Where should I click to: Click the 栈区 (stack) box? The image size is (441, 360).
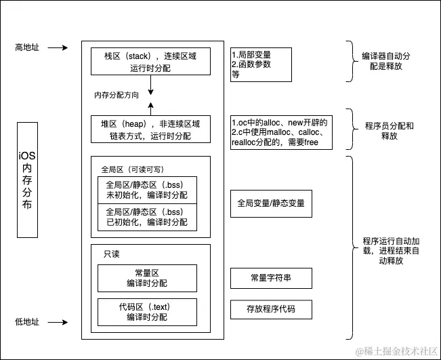[x=150, y=61]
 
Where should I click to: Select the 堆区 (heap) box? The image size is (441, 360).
[x=150, y=129]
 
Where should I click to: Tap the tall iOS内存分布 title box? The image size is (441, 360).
[x=26, y=180]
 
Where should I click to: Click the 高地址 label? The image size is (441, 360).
[x=28, y=47]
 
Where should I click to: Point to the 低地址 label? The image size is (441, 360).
[x=28, y=321]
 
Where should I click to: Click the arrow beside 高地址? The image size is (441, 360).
[x=58, y=47]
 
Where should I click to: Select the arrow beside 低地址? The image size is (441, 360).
[x=58, y=321]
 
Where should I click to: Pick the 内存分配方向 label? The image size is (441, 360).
[x=117, y=96]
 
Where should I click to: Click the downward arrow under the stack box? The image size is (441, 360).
[x=150, y=84]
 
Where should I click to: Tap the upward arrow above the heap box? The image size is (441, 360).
[x=150, y=107]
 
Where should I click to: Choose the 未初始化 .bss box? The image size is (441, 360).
[x=147, y=191]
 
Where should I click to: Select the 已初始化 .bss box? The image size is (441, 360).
[x=147, y=217]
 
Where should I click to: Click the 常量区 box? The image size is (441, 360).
[x=147, y=278]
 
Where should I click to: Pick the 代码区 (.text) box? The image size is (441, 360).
[x=147, y=311]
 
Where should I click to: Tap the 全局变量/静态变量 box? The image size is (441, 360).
[x=271, y=203]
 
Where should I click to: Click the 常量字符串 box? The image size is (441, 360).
[x=271, y=278]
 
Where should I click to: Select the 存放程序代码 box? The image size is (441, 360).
[x=271, y=310]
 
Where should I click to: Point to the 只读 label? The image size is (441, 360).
[x=112, y=254]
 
